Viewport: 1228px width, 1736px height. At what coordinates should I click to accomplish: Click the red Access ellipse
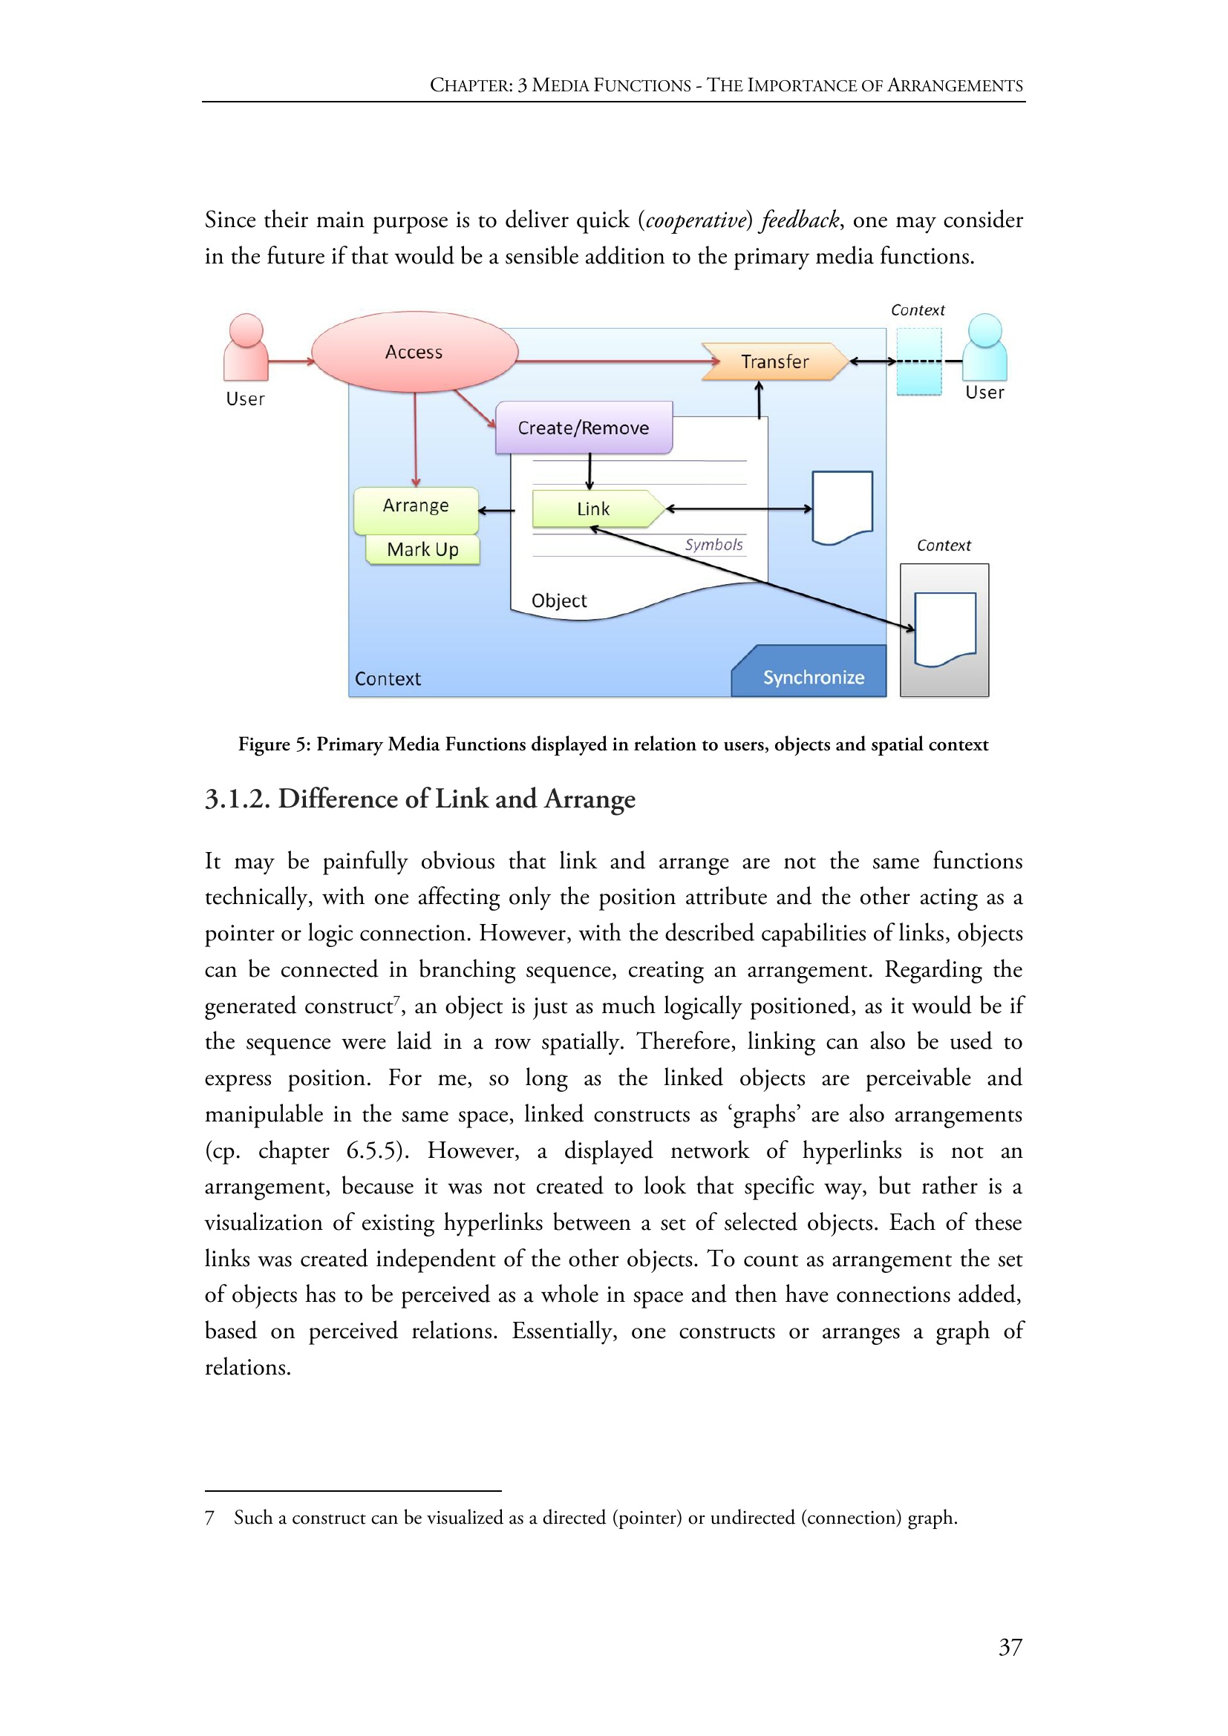(x=414, y=352)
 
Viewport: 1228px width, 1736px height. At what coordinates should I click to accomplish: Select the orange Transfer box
(x=774, y=361)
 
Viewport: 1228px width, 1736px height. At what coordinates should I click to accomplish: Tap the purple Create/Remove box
(x=583, y=428)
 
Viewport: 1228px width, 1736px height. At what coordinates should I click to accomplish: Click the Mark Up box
(x=422, y=550)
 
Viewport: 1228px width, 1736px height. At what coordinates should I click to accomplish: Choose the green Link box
(x=594, y=509)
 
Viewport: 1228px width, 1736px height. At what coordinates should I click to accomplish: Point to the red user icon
(x=246, y=347)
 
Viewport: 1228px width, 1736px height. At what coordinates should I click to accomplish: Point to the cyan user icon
(x=984, y=347)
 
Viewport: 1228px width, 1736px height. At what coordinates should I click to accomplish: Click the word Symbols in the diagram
(x=713, y=544)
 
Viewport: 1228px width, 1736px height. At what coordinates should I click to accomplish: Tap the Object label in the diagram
(x=559, y=600)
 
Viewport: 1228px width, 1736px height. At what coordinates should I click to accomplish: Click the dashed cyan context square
(x=918, y=361)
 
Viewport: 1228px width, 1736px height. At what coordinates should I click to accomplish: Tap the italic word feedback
(x=800, y=220)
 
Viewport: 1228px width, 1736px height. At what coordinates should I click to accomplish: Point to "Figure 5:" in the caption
(x=274, y=744)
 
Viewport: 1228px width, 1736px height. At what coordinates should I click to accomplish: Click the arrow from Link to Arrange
(x=496, y=511)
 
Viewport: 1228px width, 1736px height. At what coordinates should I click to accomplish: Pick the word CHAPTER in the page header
(x=470, y=85)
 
